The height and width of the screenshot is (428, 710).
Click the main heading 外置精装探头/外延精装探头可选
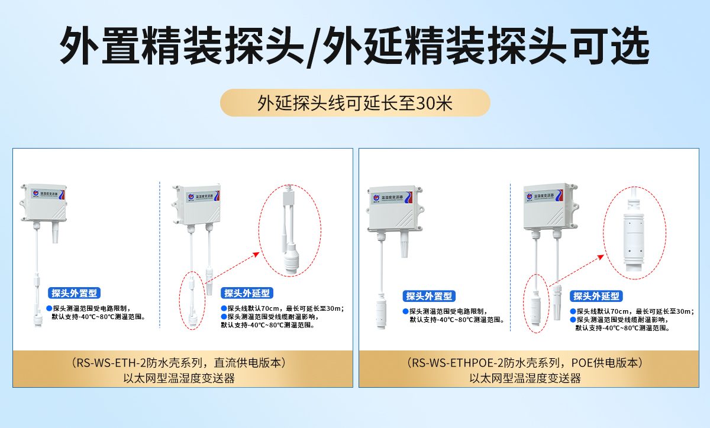[355, 45]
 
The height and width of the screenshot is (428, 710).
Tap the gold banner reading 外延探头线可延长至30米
[355, 103]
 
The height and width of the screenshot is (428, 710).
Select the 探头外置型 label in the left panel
[74, 293]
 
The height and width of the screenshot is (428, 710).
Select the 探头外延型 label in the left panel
[247, 293]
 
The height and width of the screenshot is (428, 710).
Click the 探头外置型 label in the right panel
[429, 296]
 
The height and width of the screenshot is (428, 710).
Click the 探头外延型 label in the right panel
[596, 296]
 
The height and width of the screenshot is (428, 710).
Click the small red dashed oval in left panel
[192, 301]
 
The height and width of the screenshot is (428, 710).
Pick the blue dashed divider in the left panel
[160, 255]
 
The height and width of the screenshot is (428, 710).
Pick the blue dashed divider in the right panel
[510, 255]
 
